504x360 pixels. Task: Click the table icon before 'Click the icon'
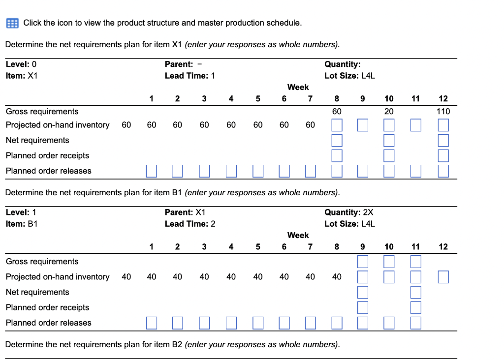(x=12, y=23)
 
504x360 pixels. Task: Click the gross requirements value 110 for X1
(x=443, y=112)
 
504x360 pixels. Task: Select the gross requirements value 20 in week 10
(x=389, y=112)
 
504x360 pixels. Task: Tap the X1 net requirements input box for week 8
(x=337, y=140)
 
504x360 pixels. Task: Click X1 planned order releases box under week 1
(x=152, y=171)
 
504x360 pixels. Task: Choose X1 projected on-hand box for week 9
(x=362, y=125)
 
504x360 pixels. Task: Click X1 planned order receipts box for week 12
(x=443, y=155)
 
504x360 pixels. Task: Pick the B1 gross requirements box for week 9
(x=362, y=261)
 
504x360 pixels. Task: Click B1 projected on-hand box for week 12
(x=443, y=277)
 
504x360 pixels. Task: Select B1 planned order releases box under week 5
(x=258, y=323)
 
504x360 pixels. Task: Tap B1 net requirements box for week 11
(x=415, y=292)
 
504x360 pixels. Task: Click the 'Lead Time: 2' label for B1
(x=190, y=224)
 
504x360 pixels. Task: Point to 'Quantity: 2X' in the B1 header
(x=348, y=212)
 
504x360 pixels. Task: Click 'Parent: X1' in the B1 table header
(x=185, y=212)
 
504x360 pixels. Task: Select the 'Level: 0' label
(x=21, y=64)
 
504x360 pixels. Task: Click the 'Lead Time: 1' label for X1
(x=189, y=76)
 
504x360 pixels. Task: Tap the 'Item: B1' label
(x=21, y=224)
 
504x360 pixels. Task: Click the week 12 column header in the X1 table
(x=443, y=99)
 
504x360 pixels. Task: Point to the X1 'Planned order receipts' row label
(x=47, y=155)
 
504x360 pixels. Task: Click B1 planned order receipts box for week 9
(x=362, y=307)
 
